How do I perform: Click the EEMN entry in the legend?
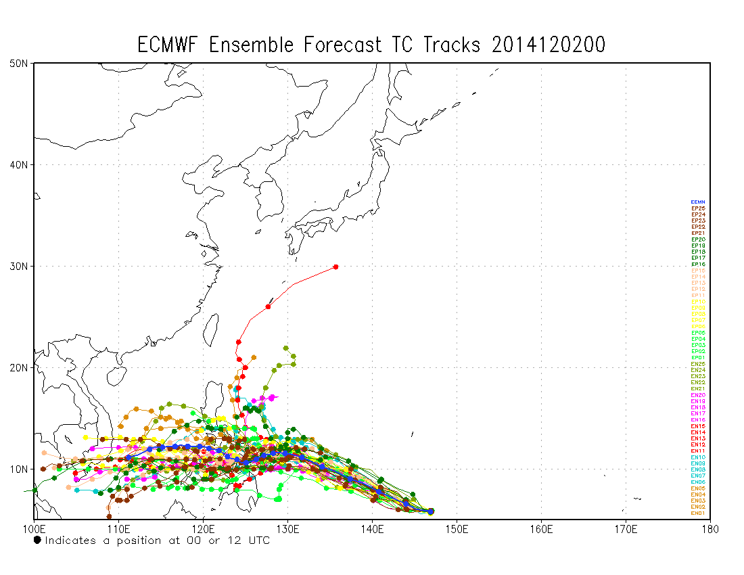pos(698,202)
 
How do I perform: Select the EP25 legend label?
pos(698,208)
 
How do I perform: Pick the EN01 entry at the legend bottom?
pos(698,513)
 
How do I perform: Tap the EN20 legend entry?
pos(698,395)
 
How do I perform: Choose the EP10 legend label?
pos(698,302)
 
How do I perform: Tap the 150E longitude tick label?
pos(457,528)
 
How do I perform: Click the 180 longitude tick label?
pos(710,528)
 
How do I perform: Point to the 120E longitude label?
pos(203,528)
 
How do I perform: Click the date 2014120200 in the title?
pos(549,45)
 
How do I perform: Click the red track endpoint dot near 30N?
pos(335,267)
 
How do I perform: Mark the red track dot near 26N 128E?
pos(269,306)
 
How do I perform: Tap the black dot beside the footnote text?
pos(37,540)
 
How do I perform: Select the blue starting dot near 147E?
pos(431,511)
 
